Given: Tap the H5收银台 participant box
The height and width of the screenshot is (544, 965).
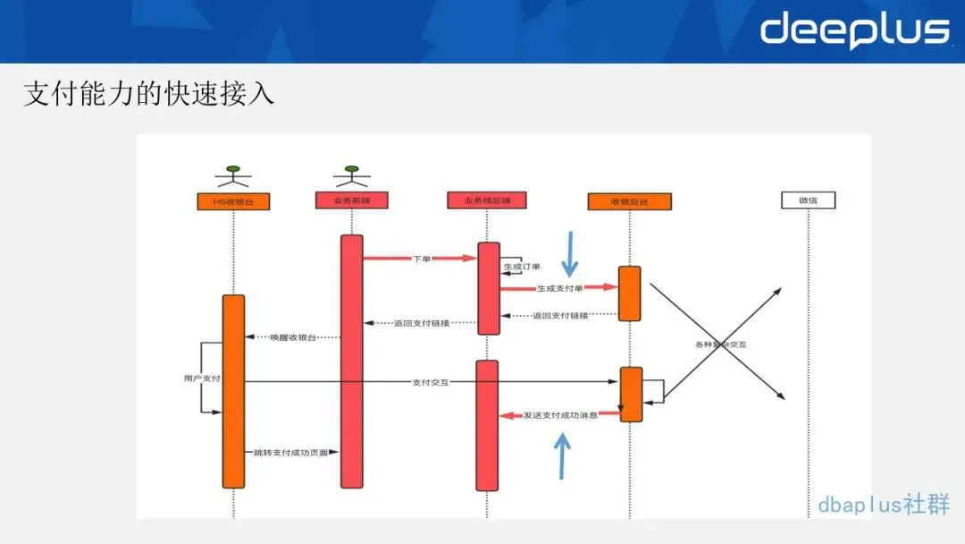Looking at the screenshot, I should pyautogui.click(x=232, y=202).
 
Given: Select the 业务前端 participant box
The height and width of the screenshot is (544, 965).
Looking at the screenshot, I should pyautogui.click(x=351, y=200).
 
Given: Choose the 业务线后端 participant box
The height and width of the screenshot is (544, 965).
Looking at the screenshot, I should pyautogui.click(x=486, y=200).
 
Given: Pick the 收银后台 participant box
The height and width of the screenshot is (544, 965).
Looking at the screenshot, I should pyautogui.click(x=629, y=202).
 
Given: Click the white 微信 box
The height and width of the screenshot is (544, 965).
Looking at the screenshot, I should pyautogui.click(x=807, y=200).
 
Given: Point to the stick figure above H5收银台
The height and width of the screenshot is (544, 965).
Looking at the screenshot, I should pyautogui.click(x=232, y=175).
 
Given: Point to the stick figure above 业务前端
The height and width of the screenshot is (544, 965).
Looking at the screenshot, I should pyautogui.click(x=351, y=174).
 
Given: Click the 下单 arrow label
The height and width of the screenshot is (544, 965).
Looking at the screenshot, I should pyautogui.click(x=421, y=259).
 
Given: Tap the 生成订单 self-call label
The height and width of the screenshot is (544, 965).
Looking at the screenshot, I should pyautogui.click(x=522, y=267).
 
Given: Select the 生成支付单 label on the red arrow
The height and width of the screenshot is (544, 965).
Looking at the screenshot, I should pyautogui.click(x=559, y=288).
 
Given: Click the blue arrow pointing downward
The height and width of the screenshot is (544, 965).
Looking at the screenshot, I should pyautogui.click(x=569, y=253).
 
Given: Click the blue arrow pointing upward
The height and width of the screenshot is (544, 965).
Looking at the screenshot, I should pyautogui.click(x=562, y=455).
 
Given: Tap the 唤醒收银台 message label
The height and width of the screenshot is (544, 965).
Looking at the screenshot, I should pyautogui.click(x=292, y=337).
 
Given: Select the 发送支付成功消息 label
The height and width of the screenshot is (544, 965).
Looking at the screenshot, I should pyautogui.click(x=560, y=415).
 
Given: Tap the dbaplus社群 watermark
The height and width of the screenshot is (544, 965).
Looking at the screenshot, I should pyautogui.click(x=883, y=505).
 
